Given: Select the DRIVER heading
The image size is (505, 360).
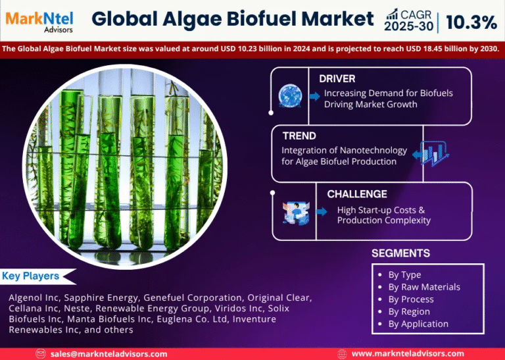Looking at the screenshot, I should click(x=337, y=79).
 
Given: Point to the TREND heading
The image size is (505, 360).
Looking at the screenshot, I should click(x=299, y=136).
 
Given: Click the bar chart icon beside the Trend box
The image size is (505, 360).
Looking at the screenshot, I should click(x=434, y=154).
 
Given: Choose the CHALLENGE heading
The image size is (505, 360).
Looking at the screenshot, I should click(x=357, y=194).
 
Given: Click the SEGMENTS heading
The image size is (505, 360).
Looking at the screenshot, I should click(x=400, y=253).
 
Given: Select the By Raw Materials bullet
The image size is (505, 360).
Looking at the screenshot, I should click(x=423, y=287).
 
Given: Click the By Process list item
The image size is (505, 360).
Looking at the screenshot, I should click(x=410, y=299).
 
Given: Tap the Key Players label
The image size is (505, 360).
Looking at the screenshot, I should click(x=31, y=276).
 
